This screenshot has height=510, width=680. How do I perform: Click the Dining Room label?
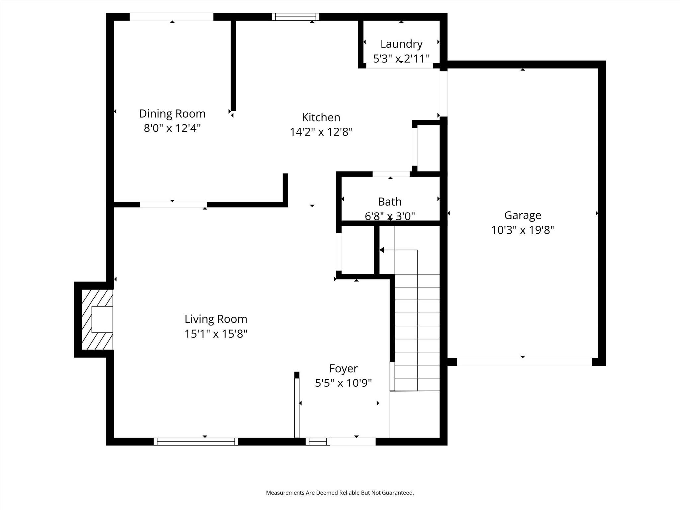pos(172,114)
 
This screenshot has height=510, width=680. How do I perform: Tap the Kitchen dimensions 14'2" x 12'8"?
pos(321,132)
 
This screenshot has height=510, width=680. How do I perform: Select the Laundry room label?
pos(401,44)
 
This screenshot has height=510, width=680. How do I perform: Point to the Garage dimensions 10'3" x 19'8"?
pos(522,230)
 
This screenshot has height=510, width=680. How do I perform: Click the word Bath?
pos(390,202)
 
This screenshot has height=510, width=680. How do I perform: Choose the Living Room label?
pos(216,319)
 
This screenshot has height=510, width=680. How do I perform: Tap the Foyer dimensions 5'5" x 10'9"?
pos(343,383)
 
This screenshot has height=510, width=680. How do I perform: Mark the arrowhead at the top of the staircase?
pos(382,250)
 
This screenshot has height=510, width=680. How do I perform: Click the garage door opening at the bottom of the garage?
pos(524,362)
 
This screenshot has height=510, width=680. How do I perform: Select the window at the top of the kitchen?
pos(296,17)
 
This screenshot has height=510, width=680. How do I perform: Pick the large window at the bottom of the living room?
pos(196,441)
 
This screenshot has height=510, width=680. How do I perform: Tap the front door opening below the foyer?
pos(352,441)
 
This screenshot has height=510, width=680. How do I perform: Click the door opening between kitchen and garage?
pos(443,94)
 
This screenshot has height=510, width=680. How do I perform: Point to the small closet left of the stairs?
pos(358,250)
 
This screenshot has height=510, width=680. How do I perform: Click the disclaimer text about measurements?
pos(340,493)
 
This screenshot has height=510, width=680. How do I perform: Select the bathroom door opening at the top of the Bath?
pos(391,174)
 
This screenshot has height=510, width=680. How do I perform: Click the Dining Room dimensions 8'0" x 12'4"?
pos(172,128)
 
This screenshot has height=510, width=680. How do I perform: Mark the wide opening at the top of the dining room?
pos(171,17)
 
